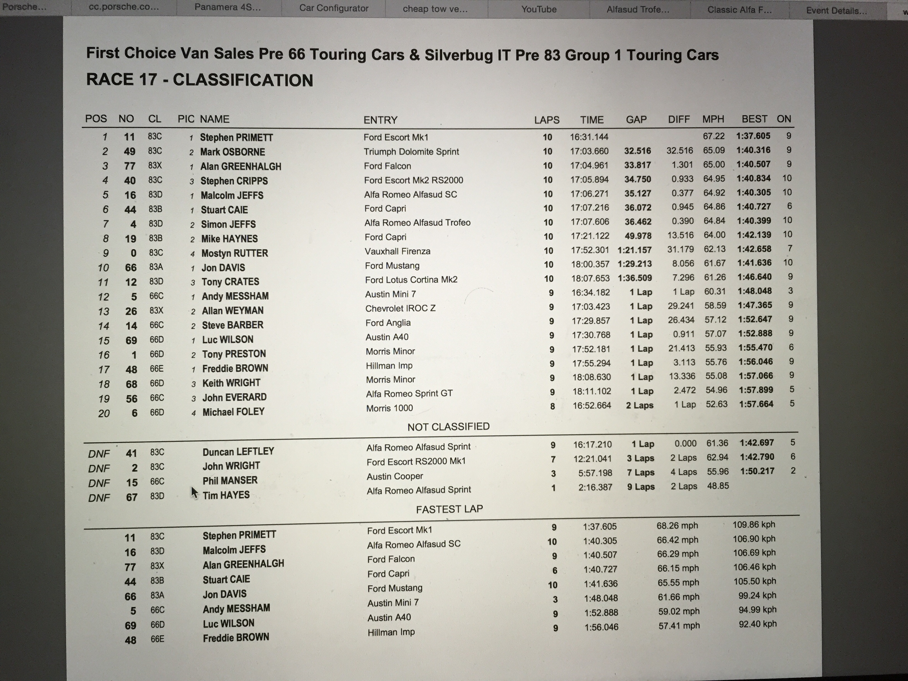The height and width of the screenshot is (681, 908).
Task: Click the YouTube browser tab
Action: (x=539, y=9)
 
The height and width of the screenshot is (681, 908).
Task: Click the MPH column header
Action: (x=713, y=119)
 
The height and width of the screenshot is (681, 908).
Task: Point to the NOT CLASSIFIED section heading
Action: (x=448, y=426)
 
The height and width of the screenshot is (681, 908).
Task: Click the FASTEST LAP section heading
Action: (x=450, y=509)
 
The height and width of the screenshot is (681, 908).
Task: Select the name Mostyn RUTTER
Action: (x=235, y=253)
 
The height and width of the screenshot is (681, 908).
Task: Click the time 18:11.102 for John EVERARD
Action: (x=591, y=391)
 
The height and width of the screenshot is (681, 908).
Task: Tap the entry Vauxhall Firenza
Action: (x=397, y=251)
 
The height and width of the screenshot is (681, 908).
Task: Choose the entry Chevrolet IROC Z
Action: (x=400, y=308)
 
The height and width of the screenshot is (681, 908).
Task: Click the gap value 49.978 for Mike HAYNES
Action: (x=638, y=236)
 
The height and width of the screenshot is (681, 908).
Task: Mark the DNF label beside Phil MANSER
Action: (x=99, y=483)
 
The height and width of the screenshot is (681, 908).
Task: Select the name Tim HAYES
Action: (x=226, y=495)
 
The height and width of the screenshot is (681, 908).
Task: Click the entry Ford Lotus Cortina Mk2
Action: (x=411, y=280)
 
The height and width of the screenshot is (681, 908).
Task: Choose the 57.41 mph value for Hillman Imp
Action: (x=679, y=626)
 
